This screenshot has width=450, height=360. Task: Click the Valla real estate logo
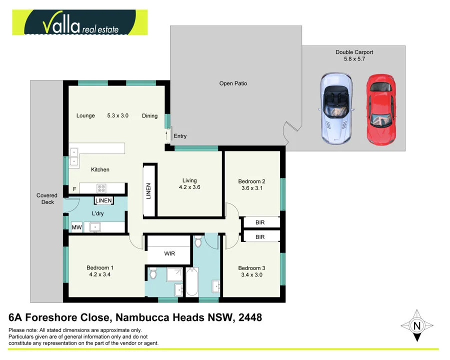tap(80, 22)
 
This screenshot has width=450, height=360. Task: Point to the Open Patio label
tap(233, 83)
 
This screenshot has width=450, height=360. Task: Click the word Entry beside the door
tap(180, 136)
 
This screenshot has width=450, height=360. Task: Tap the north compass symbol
tap(416, 326)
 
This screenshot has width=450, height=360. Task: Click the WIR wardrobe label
tap(169, 253)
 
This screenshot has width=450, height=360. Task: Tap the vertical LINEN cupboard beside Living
tap(148, 191)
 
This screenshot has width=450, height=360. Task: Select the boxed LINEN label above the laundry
tap(103, 201)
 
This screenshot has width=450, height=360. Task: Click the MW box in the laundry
tap(76, 227)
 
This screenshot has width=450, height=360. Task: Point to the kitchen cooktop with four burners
tap(101, 188)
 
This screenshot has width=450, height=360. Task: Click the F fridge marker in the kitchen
tap(74, 189)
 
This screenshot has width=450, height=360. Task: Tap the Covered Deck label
tap(46, 198)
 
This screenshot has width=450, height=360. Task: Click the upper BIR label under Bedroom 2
tap(260, 222)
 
